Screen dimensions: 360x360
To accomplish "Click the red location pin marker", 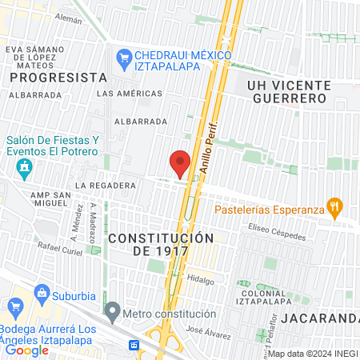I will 181,162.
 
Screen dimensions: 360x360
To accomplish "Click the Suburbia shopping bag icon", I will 15,306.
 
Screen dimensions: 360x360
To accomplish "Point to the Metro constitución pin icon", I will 112,310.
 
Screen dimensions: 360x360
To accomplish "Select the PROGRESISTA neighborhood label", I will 58,78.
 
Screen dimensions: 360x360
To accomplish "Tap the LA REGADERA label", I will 105,185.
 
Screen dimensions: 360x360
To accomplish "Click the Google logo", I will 27,350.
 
